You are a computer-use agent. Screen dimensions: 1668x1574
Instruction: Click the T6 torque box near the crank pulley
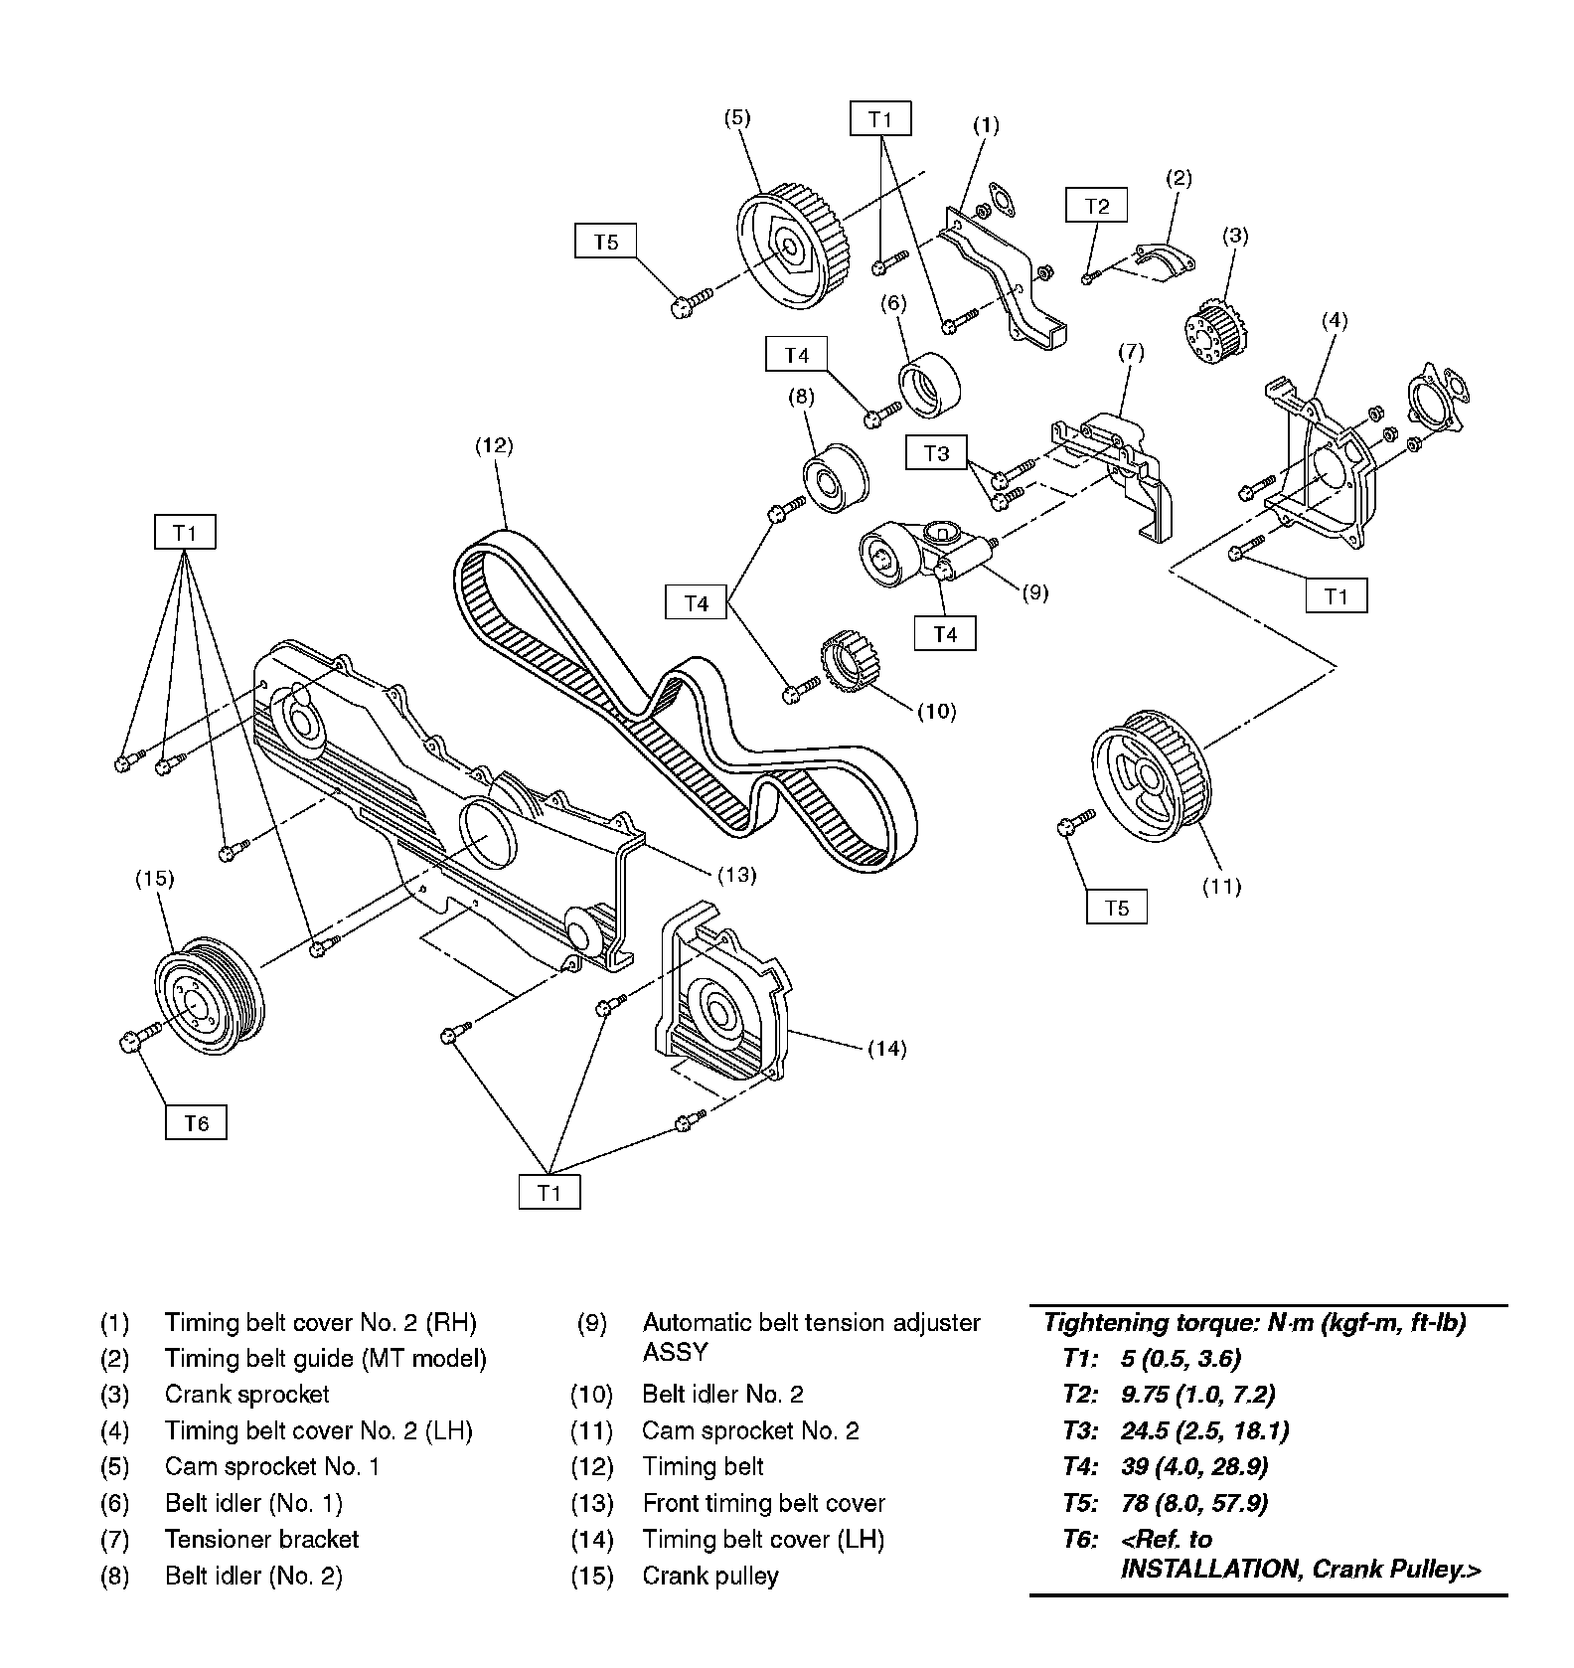pos(196,1122)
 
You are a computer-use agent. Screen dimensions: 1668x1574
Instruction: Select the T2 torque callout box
pos(1096,206)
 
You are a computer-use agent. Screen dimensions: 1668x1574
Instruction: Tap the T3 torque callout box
pos(936,453)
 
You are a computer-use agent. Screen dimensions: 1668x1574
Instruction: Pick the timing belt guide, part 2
pos(1163,258)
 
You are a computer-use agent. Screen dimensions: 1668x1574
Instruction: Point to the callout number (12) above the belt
pos(494,446)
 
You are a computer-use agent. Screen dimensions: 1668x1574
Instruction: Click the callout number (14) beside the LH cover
pos(886,1048)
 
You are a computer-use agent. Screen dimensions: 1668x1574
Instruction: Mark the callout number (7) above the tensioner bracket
pos(1131,352)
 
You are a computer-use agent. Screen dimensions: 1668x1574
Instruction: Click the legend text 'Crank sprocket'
pos(246,1394)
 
